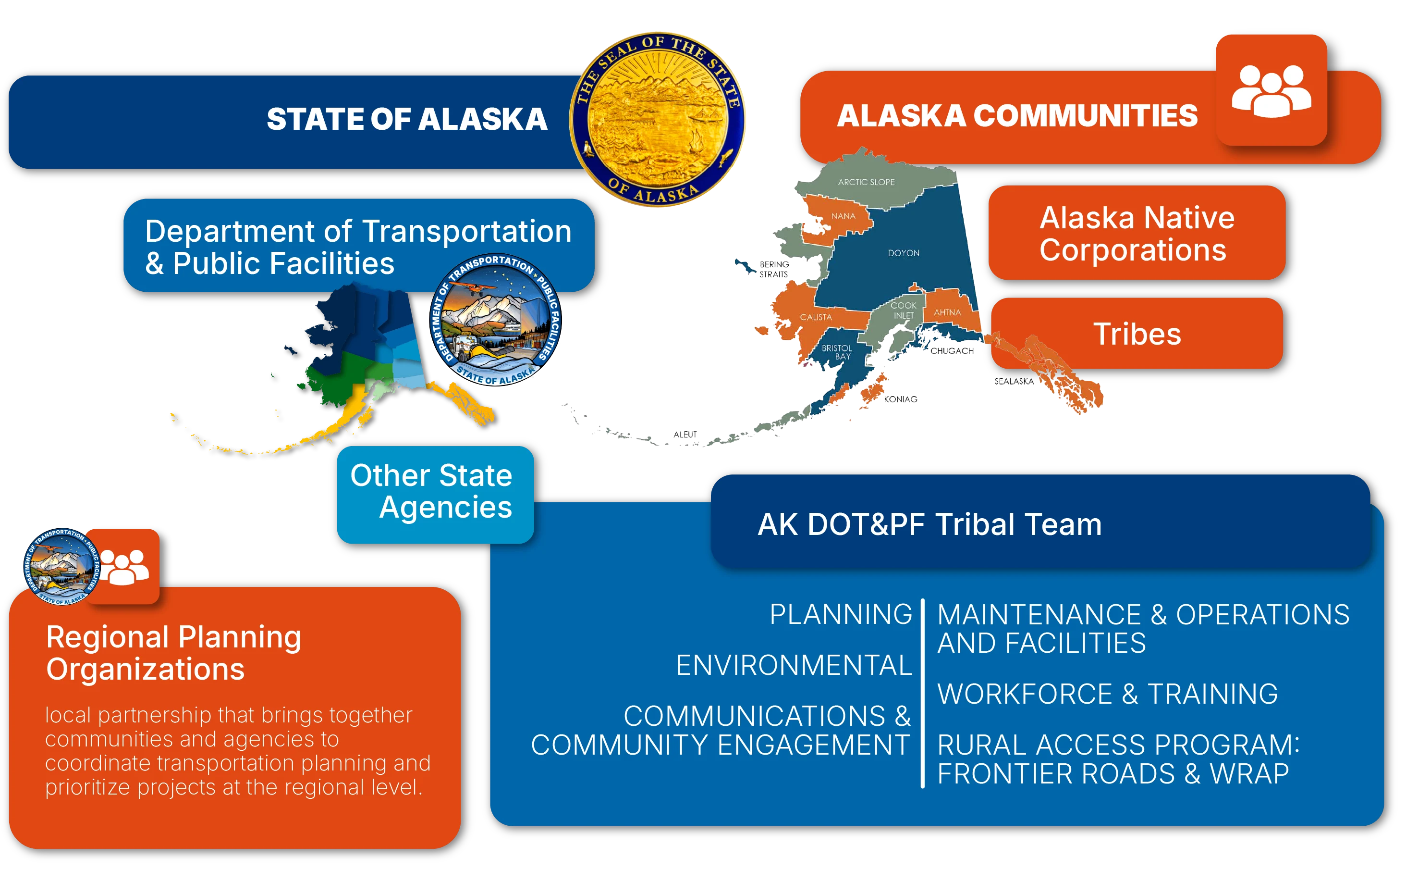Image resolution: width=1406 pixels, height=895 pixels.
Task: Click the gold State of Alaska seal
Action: point(658,119)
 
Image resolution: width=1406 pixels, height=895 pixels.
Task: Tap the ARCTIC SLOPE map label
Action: point(866,182)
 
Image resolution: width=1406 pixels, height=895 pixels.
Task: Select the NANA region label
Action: point(843,216)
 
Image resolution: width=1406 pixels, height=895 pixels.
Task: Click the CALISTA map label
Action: point(816,317)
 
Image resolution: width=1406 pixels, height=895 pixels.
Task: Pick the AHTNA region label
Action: point(947,312)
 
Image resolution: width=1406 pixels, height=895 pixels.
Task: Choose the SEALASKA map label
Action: point(1014,382)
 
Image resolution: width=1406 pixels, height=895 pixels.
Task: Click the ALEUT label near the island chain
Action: point(685,435)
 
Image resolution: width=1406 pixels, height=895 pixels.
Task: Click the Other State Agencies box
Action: point(435,495)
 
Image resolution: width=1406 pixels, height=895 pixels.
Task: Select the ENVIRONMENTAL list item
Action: point(794,665)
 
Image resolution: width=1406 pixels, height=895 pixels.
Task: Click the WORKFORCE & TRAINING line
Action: point(1108,694)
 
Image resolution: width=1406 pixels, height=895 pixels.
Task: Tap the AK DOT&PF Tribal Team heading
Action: point(929,524)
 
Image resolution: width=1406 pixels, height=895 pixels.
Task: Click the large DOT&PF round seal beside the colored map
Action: point(495,320)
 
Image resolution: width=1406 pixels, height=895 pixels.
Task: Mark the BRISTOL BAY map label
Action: point(837,352)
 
